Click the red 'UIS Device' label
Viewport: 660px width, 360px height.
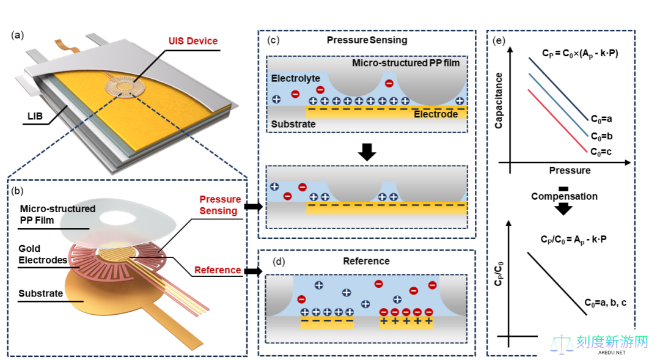(193, 41)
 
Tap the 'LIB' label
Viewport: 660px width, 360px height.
(35, 116)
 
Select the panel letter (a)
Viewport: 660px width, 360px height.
(17, 35)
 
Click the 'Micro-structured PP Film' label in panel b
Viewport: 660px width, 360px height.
(57, 215)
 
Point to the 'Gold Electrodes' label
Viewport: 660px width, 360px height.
(43, 254)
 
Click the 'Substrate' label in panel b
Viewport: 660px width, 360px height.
(40, 293)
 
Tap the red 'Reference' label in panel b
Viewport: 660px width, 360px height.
(217, 270)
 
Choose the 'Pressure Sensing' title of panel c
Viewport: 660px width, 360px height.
(367, 40)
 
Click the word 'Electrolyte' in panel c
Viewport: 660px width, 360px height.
(296, 78)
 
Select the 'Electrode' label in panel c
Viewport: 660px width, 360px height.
(436, 114)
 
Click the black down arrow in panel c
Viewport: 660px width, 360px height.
(367, 152)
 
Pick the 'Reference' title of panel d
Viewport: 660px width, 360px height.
(366, 261)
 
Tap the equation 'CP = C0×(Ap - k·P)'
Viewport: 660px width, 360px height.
(580, 54)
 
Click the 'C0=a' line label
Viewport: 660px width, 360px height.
(601, 119)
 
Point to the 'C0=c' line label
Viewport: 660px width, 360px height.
(601, 152)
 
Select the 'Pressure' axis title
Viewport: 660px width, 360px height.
(570, 171)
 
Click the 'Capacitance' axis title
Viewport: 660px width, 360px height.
(499, 101)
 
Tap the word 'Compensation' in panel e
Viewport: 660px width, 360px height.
(564, 196)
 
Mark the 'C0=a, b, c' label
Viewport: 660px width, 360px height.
(605, 303)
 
